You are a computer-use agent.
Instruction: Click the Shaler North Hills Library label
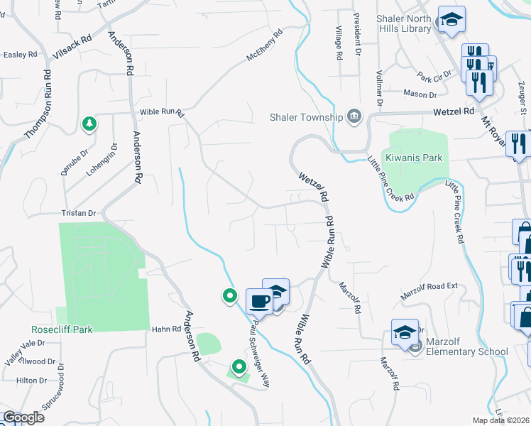click(x=396, y=23)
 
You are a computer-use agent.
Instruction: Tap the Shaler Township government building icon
click(x=354, y=117)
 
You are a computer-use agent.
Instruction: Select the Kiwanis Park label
click(x=409, y=157)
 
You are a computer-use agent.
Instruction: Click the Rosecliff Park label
click(x=62, y=329)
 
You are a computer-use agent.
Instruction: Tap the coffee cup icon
click(x=258, y=300)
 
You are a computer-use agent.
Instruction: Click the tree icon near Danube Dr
click(x=89, y=124)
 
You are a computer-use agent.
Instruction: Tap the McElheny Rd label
click(x=264, y=45)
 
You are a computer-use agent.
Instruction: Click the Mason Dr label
click(x=420, y=94)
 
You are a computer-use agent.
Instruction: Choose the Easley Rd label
click(x=18, y=54)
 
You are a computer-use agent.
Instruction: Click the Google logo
click(x=23, y=417)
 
